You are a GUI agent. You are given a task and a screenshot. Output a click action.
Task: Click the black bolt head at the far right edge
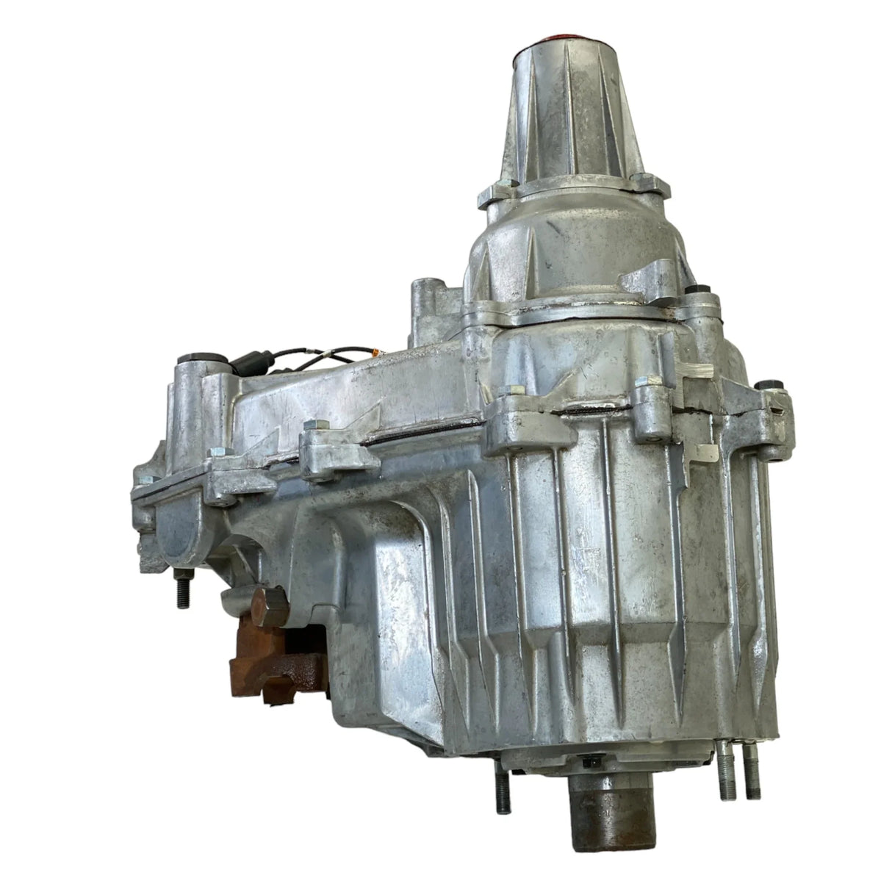[769, 386]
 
